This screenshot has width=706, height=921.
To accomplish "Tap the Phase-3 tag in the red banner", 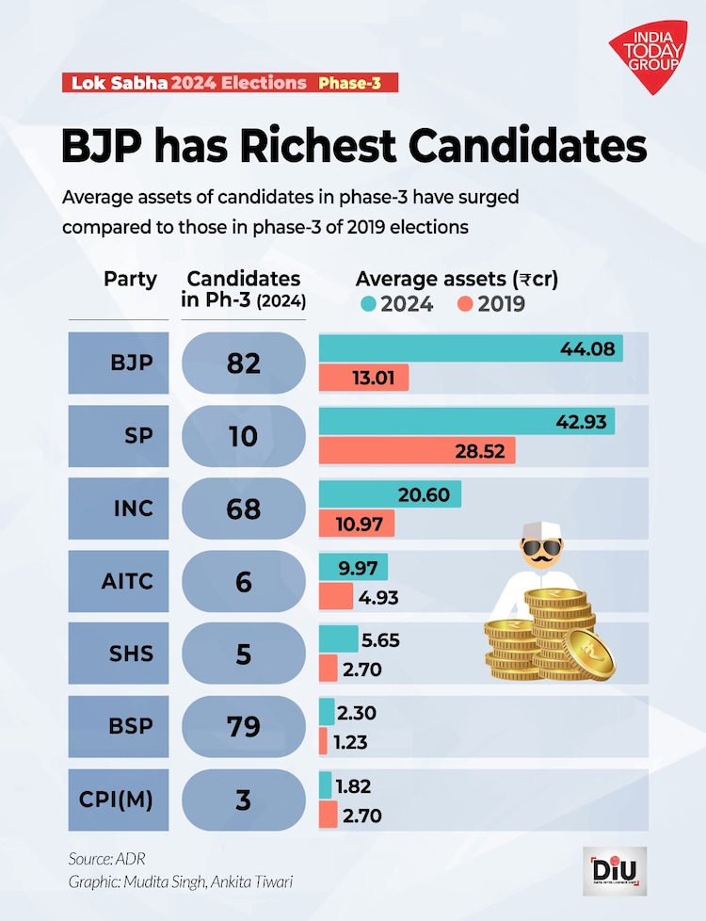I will pyautogui.click(x=349, y=83).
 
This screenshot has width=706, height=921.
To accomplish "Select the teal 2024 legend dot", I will pyautogui.click(x=367, y=304).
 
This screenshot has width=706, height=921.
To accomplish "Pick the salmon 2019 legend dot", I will pyautogui.click(x=464, y=304).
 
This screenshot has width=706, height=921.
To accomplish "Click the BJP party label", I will pyautogui.click(x=132, y=363).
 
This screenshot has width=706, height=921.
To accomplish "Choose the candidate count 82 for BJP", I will pyautogui.click(x=244, y=363).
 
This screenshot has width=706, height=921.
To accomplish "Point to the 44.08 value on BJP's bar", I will pyautogui.click(x=586, y=348).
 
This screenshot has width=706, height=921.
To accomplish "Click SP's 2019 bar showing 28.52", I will pyautogui.click(x=418, y=451).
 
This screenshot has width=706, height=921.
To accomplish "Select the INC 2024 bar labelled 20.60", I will pyautogui.click(x=391, y=494).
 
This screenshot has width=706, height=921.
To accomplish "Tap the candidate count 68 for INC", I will pyautogui.click(x=244, y=509).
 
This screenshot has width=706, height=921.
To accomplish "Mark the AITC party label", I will pyautogui.click(x=127, y=581).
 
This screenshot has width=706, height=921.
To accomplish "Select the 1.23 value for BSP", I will pyautogui.click(x=348, y=741).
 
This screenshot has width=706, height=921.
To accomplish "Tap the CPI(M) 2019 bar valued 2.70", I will pyautogui.click(x=328, y=815).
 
